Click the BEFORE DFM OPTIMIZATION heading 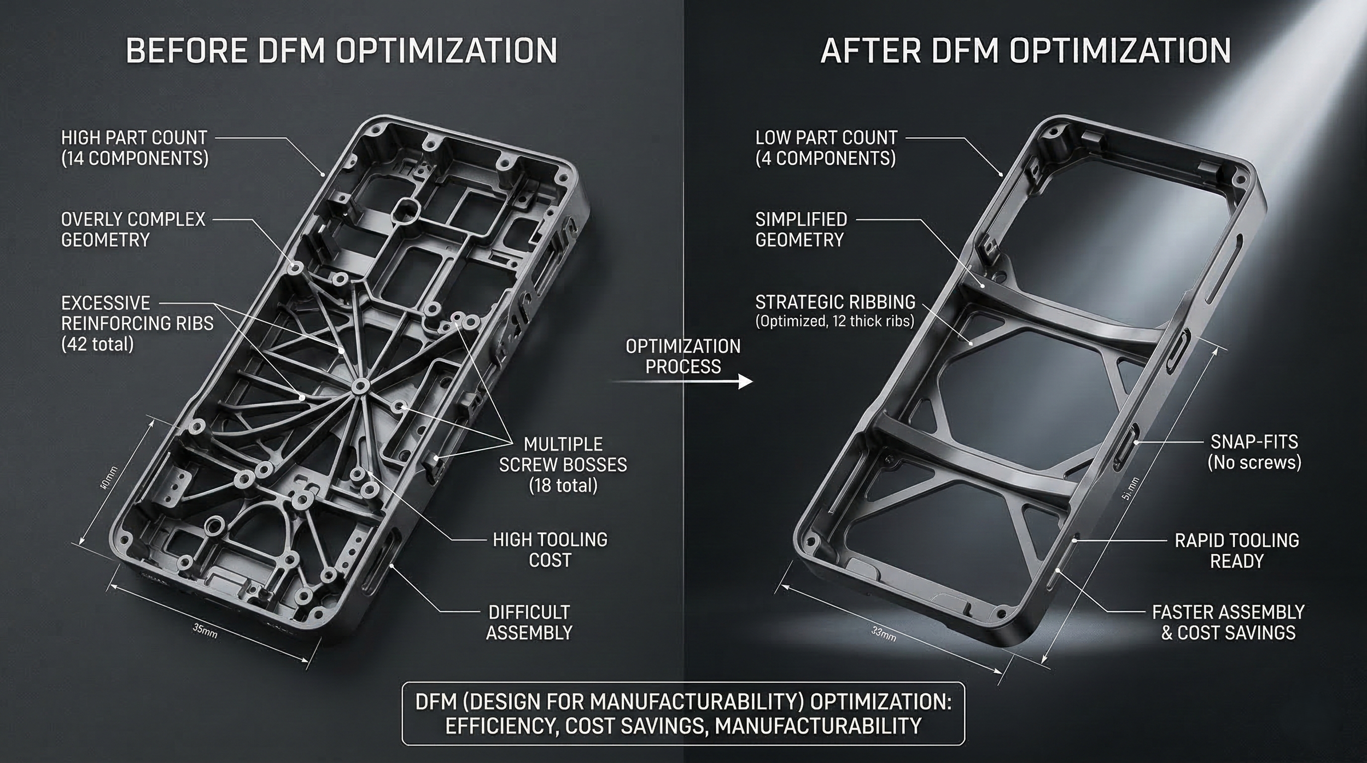[x=341, y=51]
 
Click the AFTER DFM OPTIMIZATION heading [x=1025, y=51]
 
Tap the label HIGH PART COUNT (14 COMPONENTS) [x=135, y=148]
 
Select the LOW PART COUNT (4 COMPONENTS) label [x=826, y=148]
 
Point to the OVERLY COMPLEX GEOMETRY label [x=133, y=230]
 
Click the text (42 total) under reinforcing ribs [x=97, y=344]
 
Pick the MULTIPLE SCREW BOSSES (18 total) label [x=563, y=464]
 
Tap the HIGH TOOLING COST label [x=550, y=550]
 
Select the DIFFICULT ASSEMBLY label [x=529, y=622]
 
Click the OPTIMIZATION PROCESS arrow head [x=745, y=381]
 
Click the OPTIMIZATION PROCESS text [x=683, y=356]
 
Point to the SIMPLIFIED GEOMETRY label [x=801, y=230]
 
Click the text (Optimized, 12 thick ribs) [x=834, y=321]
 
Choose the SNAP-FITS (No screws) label [x=1254, y=452]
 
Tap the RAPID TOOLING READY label [x=1236, y=551]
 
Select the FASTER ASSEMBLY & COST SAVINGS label [x=1228, y=622]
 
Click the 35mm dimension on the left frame [x=205, y=631]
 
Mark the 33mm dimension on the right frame [x=883, y=634]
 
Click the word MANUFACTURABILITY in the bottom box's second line [x=818, y=726]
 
